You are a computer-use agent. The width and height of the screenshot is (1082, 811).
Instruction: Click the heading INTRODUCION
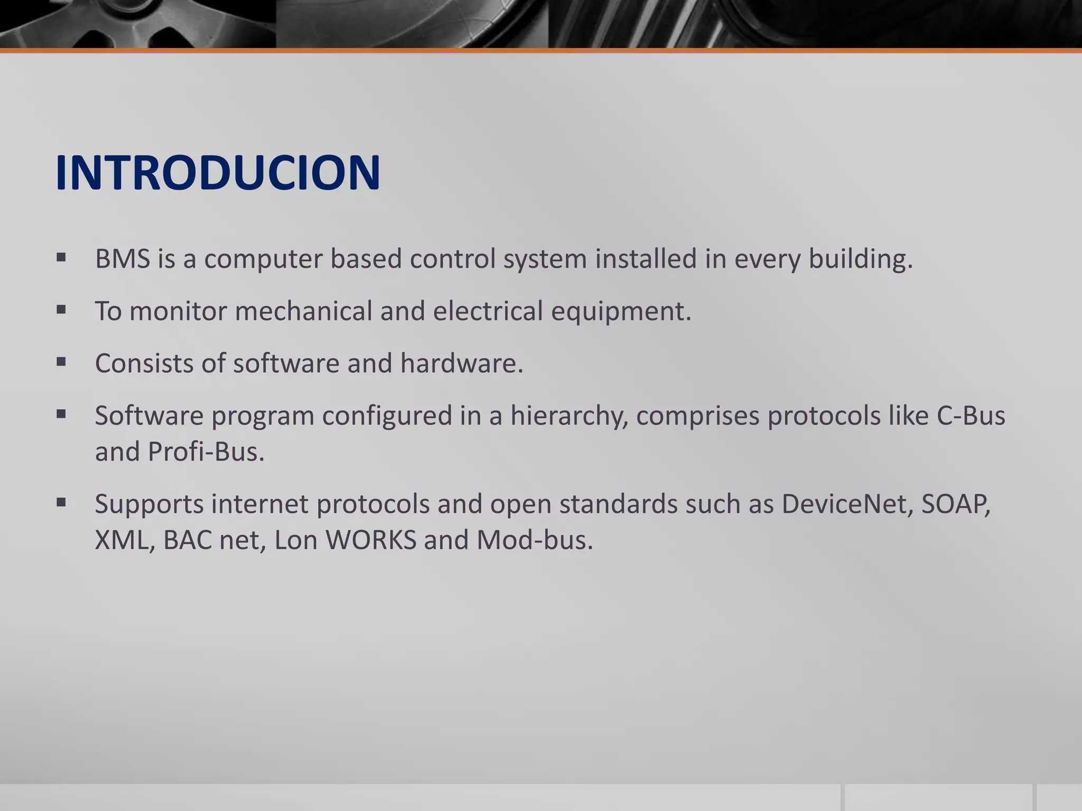217,173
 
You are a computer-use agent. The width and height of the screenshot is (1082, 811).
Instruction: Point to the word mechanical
303,311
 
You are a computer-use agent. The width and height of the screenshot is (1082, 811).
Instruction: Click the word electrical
488,311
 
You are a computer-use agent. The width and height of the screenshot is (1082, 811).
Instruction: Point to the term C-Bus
971,416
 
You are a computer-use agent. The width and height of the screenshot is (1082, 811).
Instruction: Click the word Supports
149,504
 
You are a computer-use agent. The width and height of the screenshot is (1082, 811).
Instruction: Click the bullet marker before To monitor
61,310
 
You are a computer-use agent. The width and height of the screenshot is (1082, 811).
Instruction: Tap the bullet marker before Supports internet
61,502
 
